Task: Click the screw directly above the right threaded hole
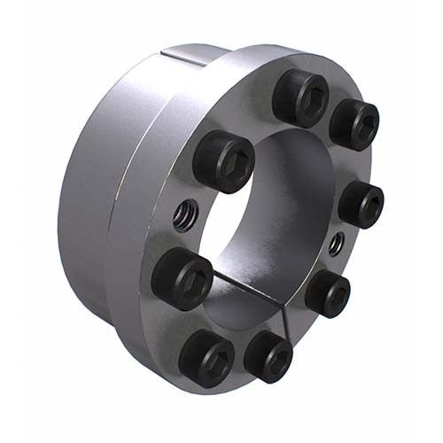click(361, 203)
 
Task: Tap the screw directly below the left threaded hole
click(182, 276)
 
